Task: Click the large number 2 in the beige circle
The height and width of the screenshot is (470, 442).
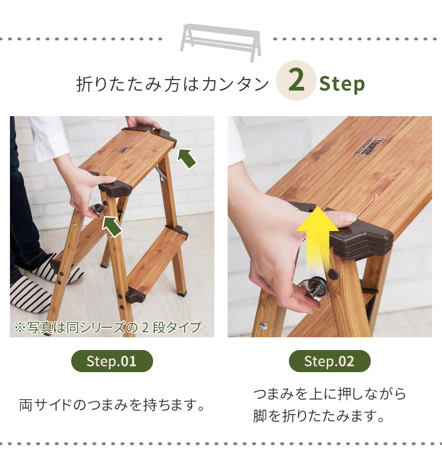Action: click(296, 80)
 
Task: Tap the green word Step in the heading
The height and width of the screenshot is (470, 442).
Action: click(342, 83)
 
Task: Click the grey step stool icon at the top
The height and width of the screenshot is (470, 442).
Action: click(220, 42)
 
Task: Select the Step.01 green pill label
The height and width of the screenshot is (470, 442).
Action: click(112, 361)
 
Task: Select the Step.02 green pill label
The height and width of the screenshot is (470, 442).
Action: click(330, 361)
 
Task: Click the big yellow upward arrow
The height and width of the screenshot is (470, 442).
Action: click(318, 237)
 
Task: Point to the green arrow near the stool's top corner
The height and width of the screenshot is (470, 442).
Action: click(187, 158)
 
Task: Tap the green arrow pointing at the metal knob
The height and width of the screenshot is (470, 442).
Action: click(112, 227)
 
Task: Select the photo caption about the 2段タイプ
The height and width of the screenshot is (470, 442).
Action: click(108, 327)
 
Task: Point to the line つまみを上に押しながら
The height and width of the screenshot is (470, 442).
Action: click(329, 394)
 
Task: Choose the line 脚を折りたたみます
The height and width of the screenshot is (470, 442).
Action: click(319, 416)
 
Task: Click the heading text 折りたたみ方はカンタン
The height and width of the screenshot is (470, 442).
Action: click(172, 83)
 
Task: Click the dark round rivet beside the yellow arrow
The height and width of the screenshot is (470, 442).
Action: click(333, 273)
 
